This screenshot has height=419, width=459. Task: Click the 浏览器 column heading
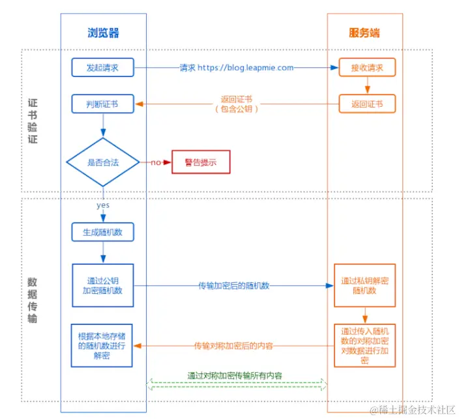103,33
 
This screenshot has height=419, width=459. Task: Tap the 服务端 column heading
364,33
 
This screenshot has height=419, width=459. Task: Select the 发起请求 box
103,68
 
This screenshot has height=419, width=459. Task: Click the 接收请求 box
367,68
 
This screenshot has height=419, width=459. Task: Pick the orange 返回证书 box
367,104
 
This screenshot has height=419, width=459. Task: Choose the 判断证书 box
103,104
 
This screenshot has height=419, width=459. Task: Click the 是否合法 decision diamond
103,162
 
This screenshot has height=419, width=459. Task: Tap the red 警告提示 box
201,162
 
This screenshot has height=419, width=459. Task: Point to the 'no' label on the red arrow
156,162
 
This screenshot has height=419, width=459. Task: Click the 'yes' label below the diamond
103,205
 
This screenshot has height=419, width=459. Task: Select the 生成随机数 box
103,233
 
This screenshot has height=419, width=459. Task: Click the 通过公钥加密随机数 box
103,285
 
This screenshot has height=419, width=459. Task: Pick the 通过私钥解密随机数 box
364,285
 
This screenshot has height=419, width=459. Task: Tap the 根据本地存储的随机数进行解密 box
102,345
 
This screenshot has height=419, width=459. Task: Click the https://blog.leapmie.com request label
245,68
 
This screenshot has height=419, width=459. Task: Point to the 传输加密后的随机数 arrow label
234,286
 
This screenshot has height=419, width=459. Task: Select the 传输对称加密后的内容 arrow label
233,346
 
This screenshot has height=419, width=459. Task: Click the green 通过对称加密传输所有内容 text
235,375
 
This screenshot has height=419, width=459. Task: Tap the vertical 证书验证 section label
33,121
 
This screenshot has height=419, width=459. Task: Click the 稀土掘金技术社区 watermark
413,410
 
